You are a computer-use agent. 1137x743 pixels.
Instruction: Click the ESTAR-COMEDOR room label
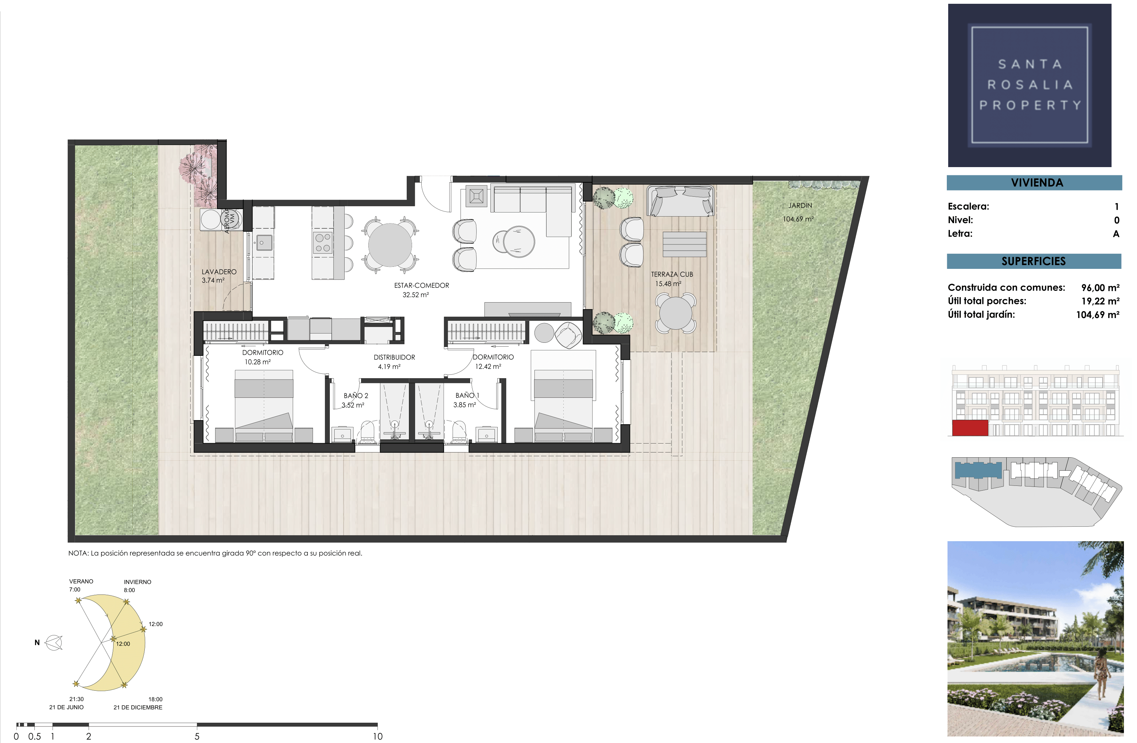(x=421, y=286)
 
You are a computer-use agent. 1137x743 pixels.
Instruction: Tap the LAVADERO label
(x=219, y=272)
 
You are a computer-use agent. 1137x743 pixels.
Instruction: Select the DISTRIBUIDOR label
(x=394, y=357)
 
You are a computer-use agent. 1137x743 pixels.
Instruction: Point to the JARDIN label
(x=800, y=205)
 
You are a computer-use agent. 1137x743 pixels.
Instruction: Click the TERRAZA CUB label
(x=672, y=275)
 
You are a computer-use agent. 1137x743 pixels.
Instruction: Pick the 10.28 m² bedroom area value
(x=258, y=362)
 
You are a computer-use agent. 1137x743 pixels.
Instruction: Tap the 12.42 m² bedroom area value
(x=488, y=367)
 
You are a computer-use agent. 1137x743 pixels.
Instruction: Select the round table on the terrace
(x=675, y=313)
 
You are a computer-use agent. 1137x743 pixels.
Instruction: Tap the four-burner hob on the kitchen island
(x=323, y=243)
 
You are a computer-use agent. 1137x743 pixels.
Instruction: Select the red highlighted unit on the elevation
(x=970, y=428)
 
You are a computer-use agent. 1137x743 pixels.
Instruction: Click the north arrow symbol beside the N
(x=54, y=643)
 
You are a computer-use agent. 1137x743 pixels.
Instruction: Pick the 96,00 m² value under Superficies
(x=1100, y=288)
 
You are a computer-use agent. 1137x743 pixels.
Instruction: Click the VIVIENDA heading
(x=1037, y=183)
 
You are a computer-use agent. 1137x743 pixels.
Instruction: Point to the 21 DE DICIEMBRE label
(x=138, y=707)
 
